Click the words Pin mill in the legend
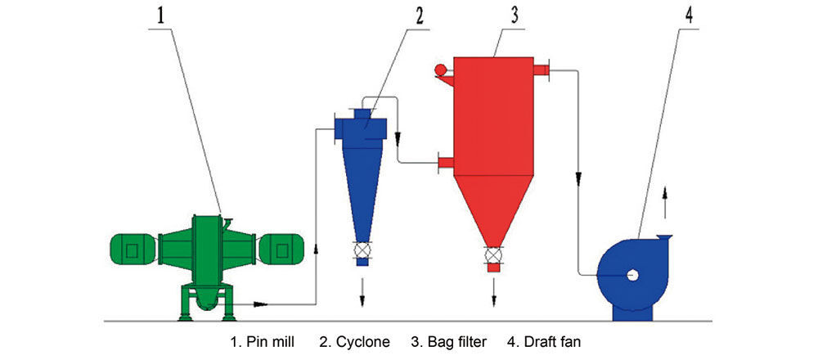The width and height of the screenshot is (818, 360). pyautogui.click(x=272, y=340)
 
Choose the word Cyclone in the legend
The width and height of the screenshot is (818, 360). pyautogui.click(x=362, y=340)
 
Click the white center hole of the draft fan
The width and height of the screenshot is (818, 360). pyautogui.click(x=633, y=276)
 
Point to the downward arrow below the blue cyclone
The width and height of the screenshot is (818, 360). pyautogui.click(x=362, y=285)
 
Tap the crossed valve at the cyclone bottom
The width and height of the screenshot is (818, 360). pyautogui.click(x=362, y=251)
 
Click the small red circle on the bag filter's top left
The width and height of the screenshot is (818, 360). pyautogui.click(x=440, y=71)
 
